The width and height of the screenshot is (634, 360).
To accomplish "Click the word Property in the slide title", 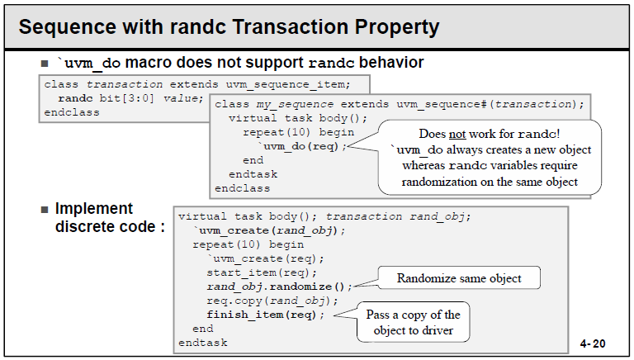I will tap(395, 26).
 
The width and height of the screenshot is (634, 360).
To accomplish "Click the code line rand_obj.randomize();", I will tap(279, 286).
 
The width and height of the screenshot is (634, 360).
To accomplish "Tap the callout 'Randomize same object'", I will tap(459, 278).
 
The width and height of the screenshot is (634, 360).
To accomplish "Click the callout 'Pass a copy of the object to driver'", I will tap(413, 322).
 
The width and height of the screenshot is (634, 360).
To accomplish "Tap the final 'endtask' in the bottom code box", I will tap(202, 342).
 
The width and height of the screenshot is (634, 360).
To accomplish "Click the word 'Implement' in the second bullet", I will tap(94, 209).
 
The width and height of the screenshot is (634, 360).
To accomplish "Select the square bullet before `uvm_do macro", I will tap(45, 64).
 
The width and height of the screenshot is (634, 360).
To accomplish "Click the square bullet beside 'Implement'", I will tap(45, 209).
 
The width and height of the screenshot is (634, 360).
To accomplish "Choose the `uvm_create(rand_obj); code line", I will tap(269, 230).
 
